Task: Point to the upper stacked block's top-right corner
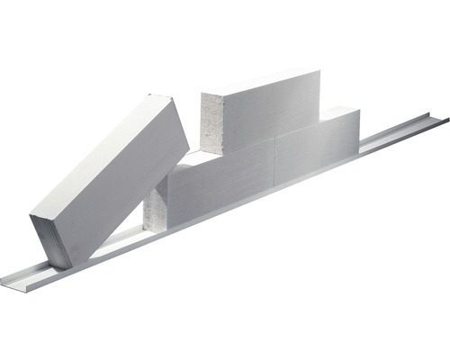click(319, 70)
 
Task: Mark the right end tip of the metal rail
click(447, 120)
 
